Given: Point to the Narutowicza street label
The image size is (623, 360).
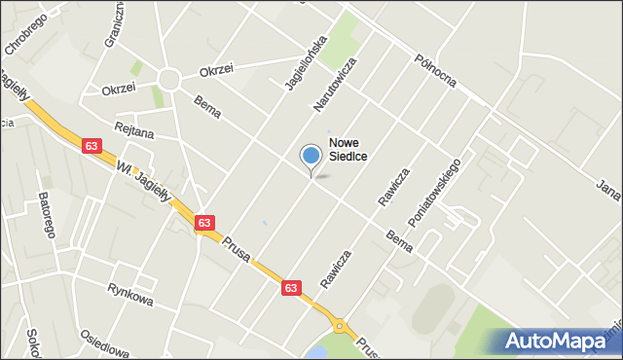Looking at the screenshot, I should coord(334,84).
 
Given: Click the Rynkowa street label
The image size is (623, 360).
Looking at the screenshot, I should coord(130,301).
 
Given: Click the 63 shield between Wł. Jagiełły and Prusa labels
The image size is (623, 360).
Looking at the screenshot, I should coord(204,223).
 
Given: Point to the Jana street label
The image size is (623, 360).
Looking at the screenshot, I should coord(608,185).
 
